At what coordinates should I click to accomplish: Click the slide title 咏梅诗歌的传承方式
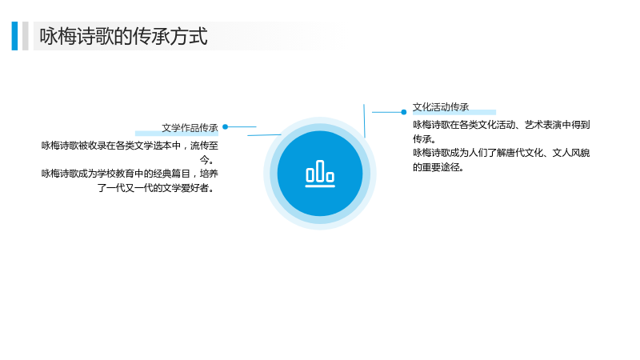point(124,36)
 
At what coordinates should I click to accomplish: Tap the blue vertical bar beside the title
point(14,36)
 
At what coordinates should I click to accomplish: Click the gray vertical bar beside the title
point(26,36)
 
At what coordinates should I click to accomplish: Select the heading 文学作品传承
point(190,128)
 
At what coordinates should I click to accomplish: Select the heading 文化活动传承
point(441,107)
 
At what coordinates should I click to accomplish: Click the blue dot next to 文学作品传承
point(226,127)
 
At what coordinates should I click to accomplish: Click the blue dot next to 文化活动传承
point(404,112)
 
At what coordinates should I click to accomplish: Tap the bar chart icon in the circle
point(320,174)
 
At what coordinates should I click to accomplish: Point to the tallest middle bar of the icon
point(320,170)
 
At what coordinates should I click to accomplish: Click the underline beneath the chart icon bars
point(320,186)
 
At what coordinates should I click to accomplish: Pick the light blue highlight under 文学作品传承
point(177,133)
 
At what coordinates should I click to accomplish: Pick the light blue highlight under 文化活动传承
point(454,112)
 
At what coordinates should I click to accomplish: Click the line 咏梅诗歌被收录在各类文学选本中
point(111,146)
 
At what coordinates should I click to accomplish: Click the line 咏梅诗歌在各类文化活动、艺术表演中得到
point(502,125)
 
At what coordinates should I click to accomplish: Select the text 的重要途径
point(435,167)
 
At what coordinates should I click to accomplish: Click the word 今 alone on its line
point(204,159)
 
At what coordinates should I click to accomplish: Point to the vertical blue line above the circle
point(364,121)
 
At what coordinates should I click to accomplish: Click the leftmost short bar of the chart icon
point(310,175)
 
